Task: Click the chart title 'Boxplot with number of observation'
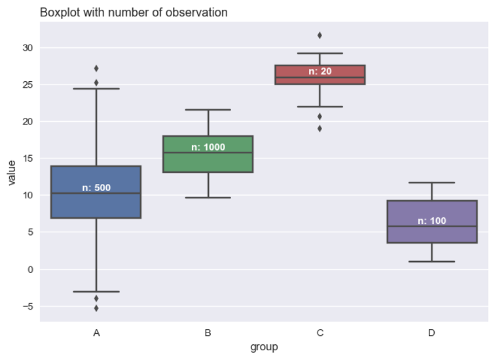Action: tap(134, 12)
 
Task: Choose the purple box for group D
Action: tap(431, 232)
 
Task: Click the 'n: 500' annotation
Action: tap(96, 188)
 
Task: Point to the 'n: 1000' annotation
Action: tap(208, 147)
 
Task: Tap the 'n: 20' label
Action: tap(320, 71)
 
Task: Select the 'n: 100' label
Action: tap(431, 221)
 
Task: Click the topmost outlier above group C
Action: tap(320, 35)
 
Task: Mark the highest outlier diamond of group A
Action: tap(96, 68)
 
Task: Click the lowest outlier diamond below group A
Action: tap(96, 308)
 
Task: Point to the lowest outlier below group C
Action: tap(320, 128)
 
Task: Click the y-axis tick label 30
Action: tap(27, 48)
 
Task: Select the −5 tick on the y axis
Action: tap(25, 306)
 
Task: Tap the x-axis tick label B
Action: tap(208, 333)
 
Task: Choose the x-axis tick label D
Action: tap(431, 333)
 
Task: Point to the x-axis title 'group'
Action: tap(264, 347)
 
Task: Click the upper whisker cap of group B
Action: tap(208, 110)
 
